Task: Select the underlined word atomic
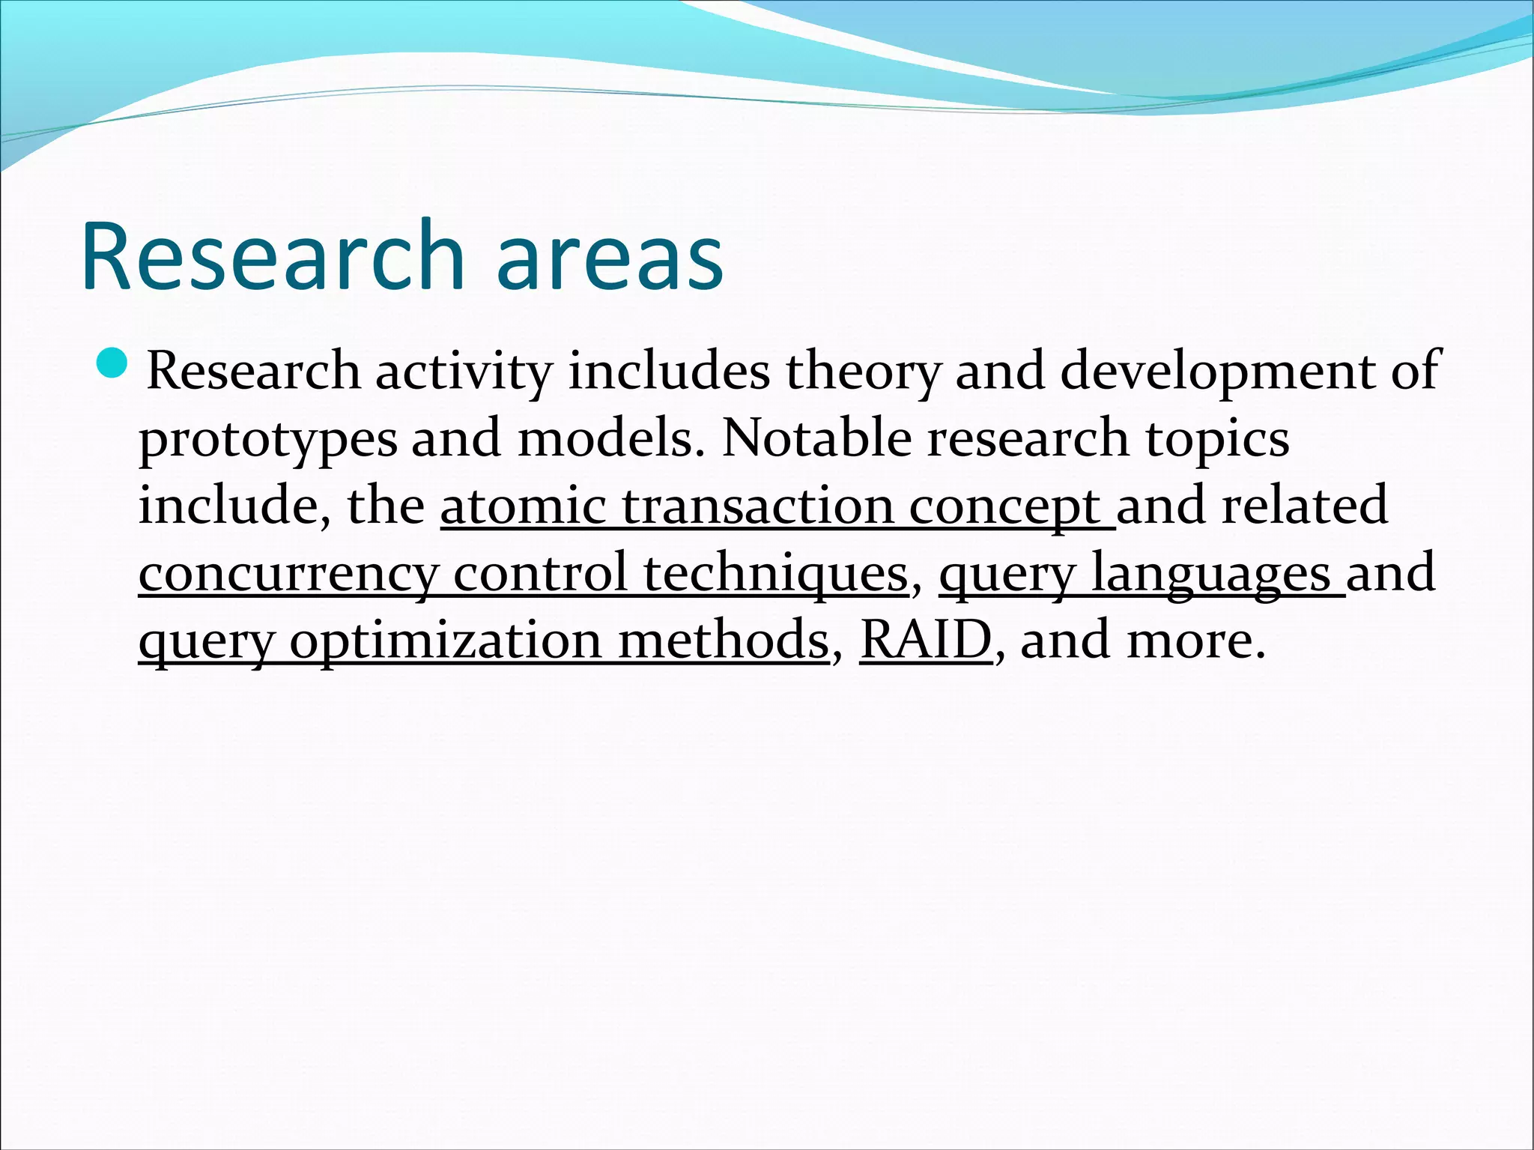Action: click(523, 506)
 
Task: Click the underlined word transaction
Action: click(757, 506)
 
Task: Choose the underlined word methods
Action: click(723, 641)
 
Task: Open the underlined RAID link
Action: click(925, 641)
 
